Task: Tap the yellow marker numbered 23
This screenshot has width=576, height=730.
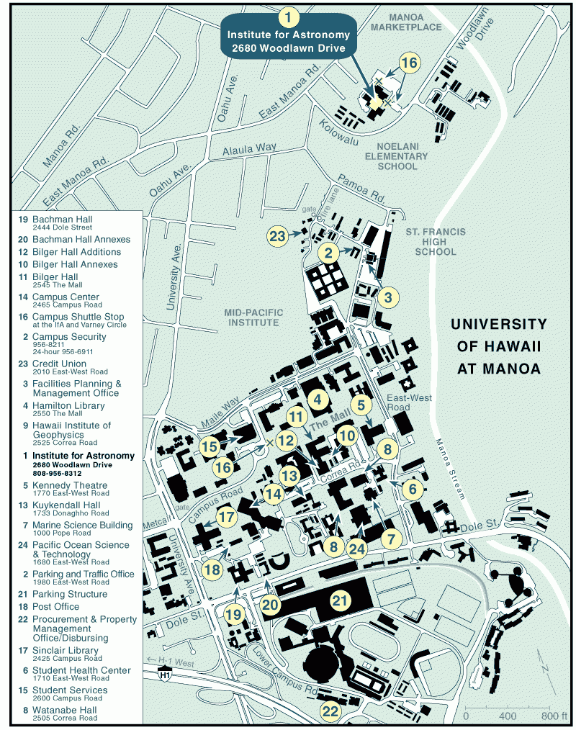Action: pyautogui.click(x=277, y=235)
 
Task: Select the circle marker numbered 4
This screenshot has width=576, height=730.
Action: pyautogui.click(x=318, y=398)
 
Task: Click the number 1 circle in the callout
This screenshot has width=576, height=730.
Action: pyautogui.click(x=289, y=17)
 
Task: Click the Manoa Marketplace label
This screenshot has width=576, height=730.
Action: pyautogui.click(x=415, y=22)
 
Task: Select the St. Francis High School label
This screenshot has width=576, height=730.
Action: pyautogui.click(x=431, y=242)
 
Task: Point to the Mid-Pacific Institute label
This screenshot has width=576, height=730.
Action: pyautogui.click(x=253, y=317)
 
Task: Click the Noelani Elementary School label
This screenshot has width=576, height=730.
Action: pyautogui.click(x=396, y=156)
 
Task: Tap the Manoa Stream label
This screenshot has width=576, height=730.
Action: pyautogui.click(x=448, y=468)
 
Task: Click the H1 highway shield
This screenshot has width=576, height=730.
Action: pyautogui.click(x=165, y=673)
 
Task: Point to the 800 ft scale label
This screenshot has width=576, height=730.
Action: pyautogui.click(x=554, y=716)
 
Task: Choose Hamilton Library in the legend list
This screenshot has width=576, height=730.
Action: pyautogui.click(x=68, y=405)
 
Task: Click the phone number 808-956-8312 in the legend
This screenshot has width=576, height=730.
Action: pyautogui.click(x=57, y=474)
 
